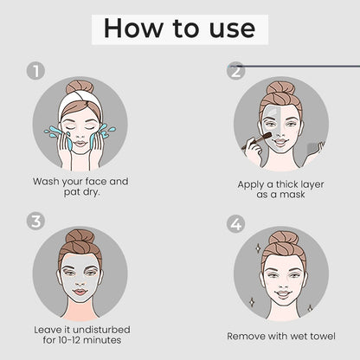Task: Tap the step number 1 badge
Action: pos(35,71)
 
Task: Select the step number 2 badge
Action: pos(235,71)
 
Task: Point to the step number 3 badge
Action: pos(35,222)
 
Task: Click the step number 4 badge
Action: pos(235,224)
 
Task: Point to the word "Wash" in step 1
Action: pos(46,182)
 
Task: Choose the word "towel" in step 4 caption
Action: pos(322,336)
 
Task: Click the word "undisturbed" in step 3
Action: pos(101,330)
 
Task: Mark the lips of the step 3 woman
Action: pos(80,292)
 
